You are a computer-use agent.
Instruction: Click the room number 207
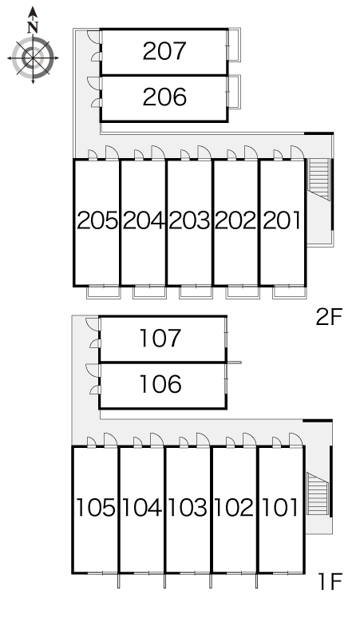(164, 51)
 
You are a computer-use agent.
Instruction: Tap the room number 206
(164, 97)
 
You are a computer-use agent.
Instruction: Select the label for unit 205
(97, 220)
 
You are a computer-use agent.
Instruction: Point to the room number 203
(189, 220)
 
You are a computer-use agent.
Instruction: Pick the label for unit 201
(282, 220)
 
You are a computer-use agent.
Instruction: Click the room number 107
(160, 339)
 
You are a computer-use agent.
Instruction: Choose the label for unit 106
(160, 384)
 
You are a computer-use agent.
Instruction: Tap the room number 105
(95, 508)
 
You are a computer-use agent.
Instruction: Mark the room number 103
(188, 508)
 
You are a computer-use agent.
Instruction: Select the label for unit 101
(279, 508)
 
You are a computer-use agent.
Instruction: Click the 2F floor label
(330, 317)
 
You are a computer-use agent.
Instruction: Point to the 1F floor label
(330, 580)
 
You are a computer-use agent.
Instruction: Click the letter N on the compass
(33, 27)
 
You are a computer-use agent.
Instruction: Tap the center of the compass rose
(33, 58)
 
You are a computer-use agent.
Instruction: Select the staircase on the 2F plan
(318, 180)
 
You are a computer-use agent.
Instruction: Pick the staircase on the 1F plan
(318, 493)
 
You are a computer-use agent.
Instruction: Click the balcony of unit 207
(235, 45)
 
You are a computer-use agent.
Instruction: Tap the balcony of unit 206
(235, 92)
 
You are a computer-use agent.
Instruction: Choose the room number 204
(144, 220)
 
